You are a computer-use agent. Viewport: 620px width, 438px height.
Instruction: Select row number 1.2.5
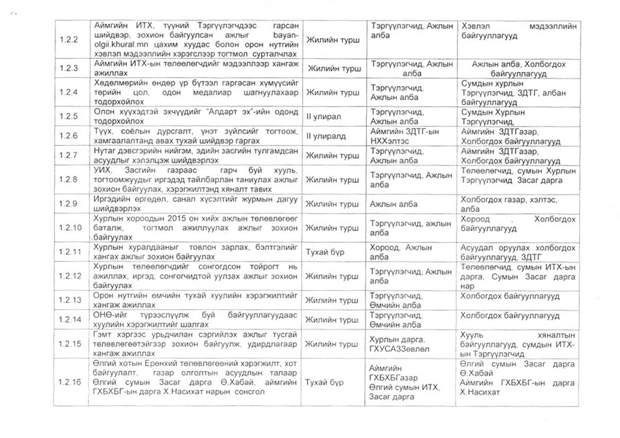pyautogui.click(x=70, y=116)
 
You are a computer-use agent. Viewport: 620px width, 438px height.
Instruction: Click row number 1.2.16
pyautogui.click(x=70, y=381)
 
